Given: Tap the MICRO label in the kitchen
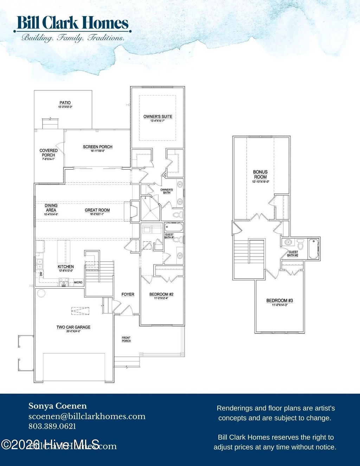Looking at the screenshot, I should click(x=78, y=282).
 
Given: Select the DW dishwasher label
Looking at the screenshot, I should click(x=41, y=273).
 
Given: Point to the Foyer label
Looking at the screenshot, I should click(x=128, y=295).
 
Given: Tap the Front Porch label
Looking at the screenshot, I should click(x=126, y=339).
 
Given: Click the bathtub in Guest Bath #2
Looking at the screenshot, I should click(x=313, y=244).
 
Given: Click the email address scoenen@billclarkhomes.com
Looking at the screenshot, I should click(x=87, y=416).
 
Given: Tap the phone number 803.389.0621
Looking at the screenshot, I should click(x=52, y=426).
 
